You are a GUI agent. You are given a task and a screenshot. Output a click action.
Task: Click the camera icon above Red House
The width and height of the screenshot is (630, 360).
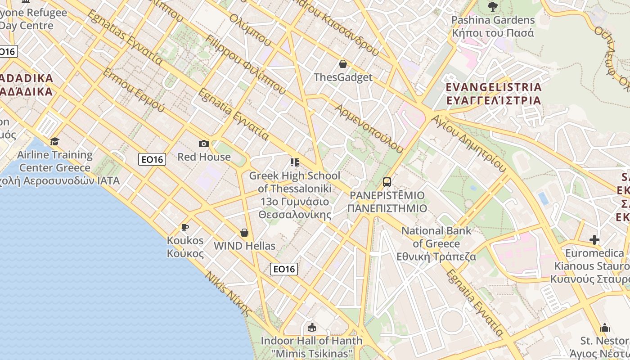[204, 144]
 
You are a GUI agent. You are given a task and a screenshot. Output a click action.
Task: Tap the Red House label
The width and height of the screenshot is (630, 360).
[204, 157]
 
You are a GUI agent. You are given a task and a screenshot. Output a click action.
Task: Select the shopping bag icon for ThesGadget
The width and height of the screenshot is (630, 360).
[343, 64]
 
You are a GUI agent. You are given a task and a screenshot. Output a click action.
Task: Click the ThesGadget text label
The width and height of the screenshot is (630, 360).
[343, 77]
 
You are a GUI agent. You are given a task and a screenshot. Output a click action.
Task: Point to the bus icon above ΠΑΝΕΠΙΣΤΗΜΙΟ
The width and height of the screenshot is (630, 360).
[387, 182]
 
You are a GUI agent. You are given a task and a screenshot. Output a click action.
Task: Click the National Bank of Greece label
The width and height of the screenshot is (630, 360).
[436, 243]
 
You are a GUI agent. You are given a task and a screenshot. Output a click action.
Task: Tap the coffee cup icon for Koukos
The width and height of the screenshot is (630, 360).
[184, 227]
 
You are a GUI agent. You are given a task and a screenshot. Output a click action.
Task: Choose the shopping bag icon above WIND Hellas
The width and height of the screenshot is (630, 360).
[244, 233]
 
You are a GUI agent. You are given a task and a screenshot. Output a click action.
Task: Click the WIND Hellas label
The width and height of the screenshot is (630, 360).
[244, 246]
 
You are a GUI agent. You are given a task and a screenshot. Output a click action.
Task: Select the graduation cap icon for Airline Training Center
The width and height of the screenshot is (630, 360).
[54, 142]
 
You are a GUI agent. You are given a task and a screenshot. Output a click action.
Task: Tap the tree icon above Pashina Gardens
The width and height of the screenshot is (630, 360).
[493, 7]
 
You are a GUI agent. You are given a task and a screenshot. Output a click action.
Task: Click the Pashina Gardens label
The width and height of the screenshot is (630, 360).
[493, 26]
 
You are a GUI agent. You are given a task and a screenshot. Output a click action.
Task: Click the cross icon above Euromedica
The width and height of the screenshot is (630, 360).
[594, 240]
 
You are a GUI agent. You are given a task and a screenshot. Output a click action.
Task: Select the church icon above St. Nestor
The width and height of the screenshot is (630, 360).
[605, 327]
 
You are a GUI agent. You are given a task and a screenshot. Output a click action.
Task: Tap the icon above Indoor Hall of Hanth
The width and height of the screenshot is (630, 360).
[311, 327]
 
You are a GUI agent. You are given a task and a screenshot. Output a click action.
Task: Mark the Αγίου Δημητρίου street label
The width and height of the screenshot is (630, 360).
[468, 143]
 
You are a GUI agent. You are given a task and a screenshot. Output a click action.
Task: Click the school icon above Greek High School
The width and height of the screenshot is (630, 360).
[295, 162]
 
